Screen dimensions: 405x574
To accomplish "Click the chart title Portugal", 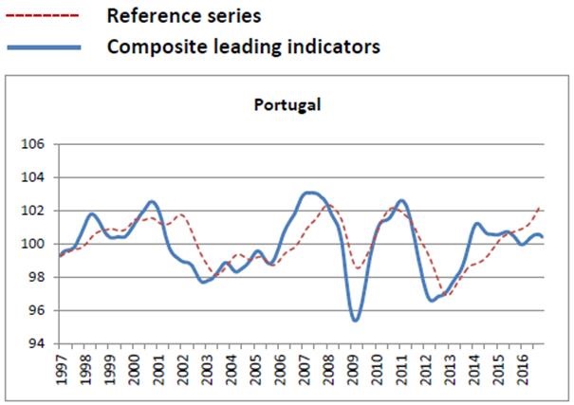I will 287,103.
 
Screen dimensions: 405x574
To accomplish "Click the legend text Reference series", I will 183,16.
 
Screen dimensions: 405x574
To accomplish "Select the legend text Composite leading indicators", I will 243,46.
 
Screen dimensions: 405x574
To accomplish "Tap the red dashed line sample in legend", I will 46,16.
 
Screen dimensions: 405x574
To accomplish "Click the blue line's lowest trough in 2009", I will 356,320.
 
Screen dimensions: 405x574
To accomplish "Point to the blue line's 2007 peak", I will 308,193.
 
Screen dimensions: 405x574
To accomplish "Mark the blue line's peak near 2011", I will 401,200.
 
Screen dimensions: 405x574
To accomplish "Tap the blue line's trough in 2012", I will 432,300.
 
